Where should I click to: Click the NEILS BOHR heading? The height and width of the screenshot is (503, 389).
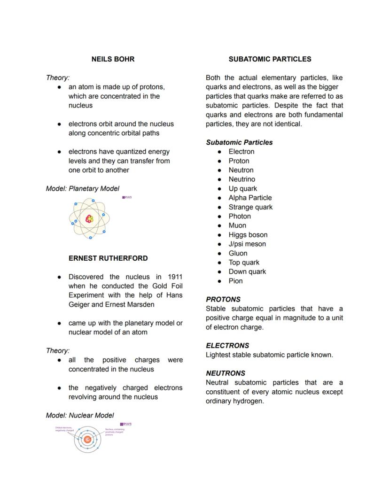[113, 59]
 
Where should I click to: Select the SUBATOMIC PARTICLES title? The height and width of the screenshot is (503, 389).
[270, 59]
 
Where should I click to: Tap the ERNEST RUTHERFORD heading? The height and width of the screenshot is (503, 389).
[108, 258]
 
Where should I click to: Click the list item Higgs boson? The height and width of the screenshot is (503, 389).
[248, 235]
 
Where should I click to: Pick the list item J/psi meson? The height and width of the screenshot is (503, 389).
[247, 244]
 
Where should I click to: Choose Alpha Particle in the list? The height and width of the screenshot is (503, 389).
[250, 198]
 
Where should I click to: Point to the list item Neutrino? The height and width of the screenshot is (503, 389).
[241, 179]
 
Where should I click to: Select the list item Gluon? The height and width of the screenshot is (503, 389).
[238, 253]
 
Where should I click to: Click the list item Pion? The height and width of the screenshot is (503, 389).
[235, 281]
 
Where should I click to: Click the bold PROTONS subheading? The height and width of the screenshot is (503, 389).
[223, 299]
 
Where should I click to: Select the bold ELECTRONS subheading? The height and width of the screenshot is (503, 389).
[227, 345]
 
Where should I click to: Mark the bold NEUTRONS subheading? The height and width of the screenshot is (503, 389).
[226, 373]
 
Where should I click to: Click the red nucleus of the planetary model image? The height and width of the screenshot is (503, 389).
[89, 218]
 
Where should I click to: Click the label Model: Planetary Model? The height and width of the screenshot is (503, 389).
[82, 189]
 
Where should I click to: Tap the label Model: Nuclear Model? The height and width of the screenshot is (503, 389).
[80, 415]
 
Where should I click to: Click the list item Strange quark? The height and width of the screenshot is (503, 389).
[250, 207]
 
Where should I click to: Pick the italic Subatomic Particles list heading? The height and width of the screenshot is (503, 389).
[239, 142]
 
